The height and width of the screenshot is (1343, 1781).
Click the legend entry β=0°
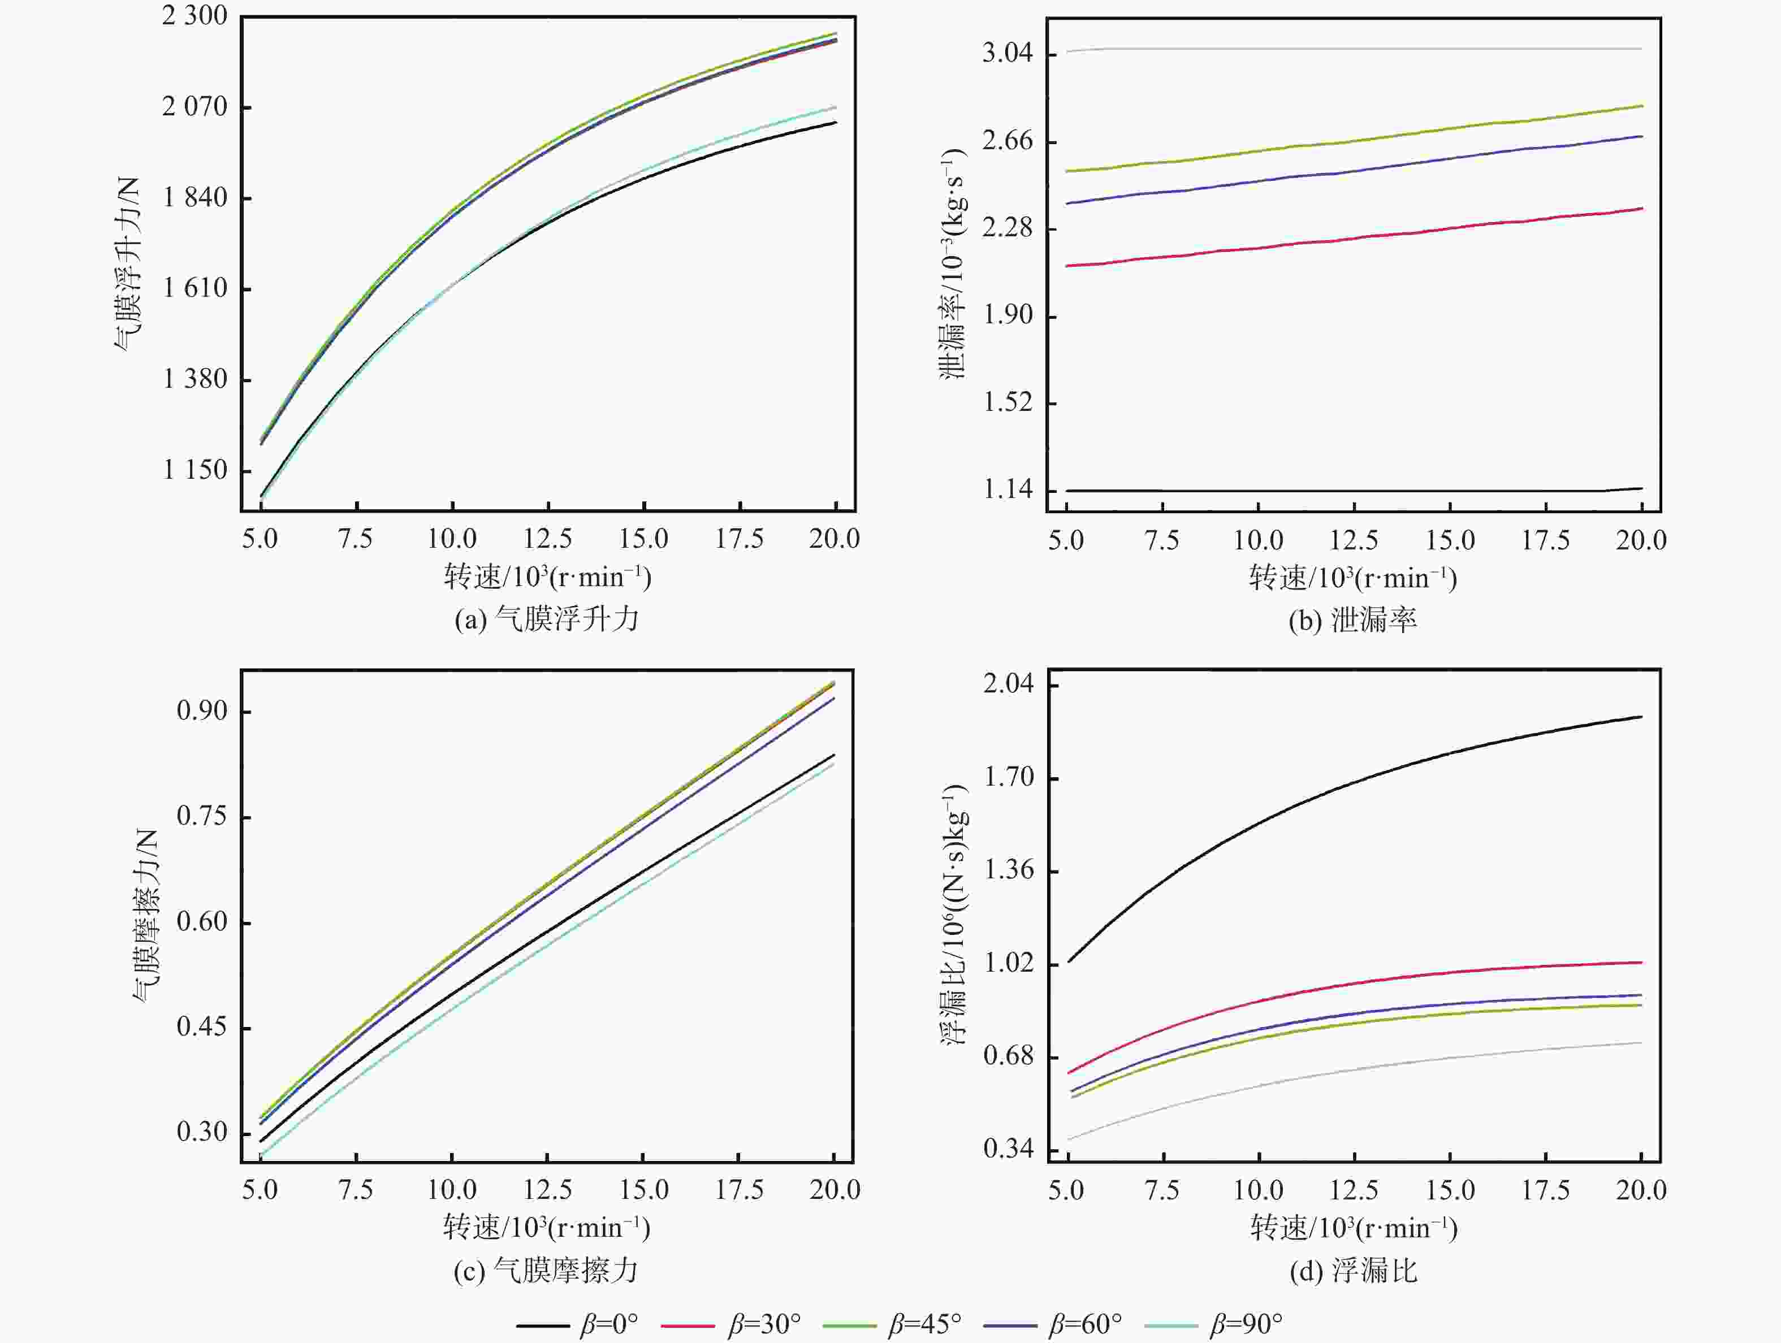pos(577,1324)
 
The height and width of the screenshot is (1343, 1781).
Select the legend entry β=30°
pos(731,1324)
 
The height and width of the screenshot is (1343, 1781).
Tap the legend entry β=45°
pos(892,1324)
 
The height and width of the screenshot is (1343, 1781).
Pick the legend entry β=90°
pos(1213,1324)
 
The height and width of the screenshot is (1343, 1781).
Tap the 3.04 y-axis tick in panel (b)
pos(1007,54)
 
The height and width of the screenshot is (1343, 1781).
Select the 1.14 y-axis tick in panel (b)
pos(1007,489)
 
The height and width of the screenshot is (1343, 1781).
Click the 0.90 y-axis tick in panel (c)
pos(202,711)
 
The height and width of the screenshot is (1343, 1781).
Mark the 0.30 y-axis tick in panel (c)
pos(202,1132)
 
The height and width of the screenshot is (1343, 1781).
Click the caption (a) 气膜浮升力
pos(547,619)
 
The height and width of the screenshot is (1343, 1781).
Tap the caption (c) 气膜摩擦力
pos(547,1271)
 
